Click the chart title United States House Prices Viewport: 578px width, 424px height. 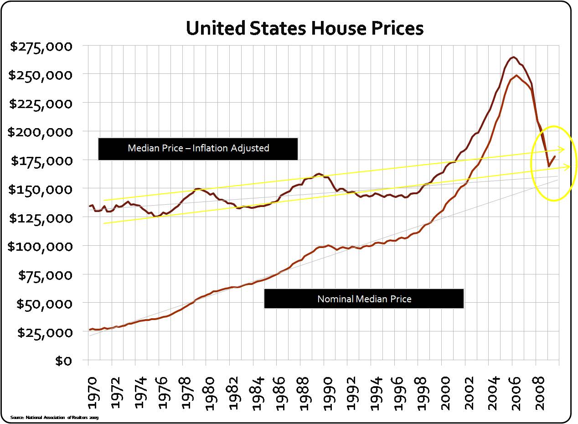304,28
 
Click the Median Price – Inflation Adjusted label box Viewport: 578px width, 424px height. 198,148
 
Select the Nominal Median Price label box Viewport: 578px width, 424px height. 364,299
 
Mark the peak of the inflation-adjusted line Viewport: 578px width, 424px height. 514,57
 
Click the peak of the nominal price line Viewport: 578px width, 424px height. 516,75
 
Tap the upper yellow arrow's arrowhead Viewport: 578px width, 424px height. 563,149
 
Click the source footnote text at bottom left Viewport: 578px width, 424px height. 54,417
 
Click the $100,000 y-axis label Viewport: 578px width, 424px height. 40,246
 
